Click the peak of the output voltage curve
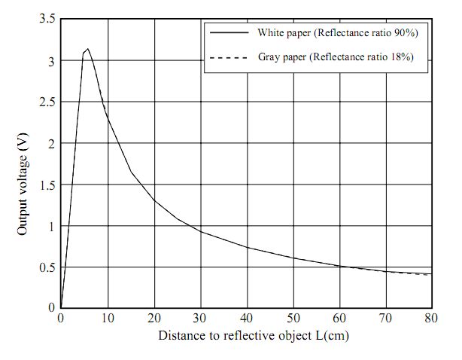(88, 49)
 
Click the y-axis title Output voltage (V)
(23, 191)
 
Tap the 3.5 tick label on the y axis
(46, 20)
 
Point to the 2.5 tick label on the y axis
(46, 102)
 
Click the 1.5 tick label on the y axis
(46, 185)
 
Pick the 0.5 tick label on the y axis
(46, 267)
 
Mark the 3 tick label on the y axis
(50, 61)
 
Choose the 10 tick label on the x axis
(108, 318)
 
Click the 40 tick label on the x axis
(248, 318)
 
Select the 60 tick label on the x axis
(340, 318)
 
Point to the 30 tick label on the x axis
(201, 318)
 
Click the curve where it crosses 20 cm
(154, 200)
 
